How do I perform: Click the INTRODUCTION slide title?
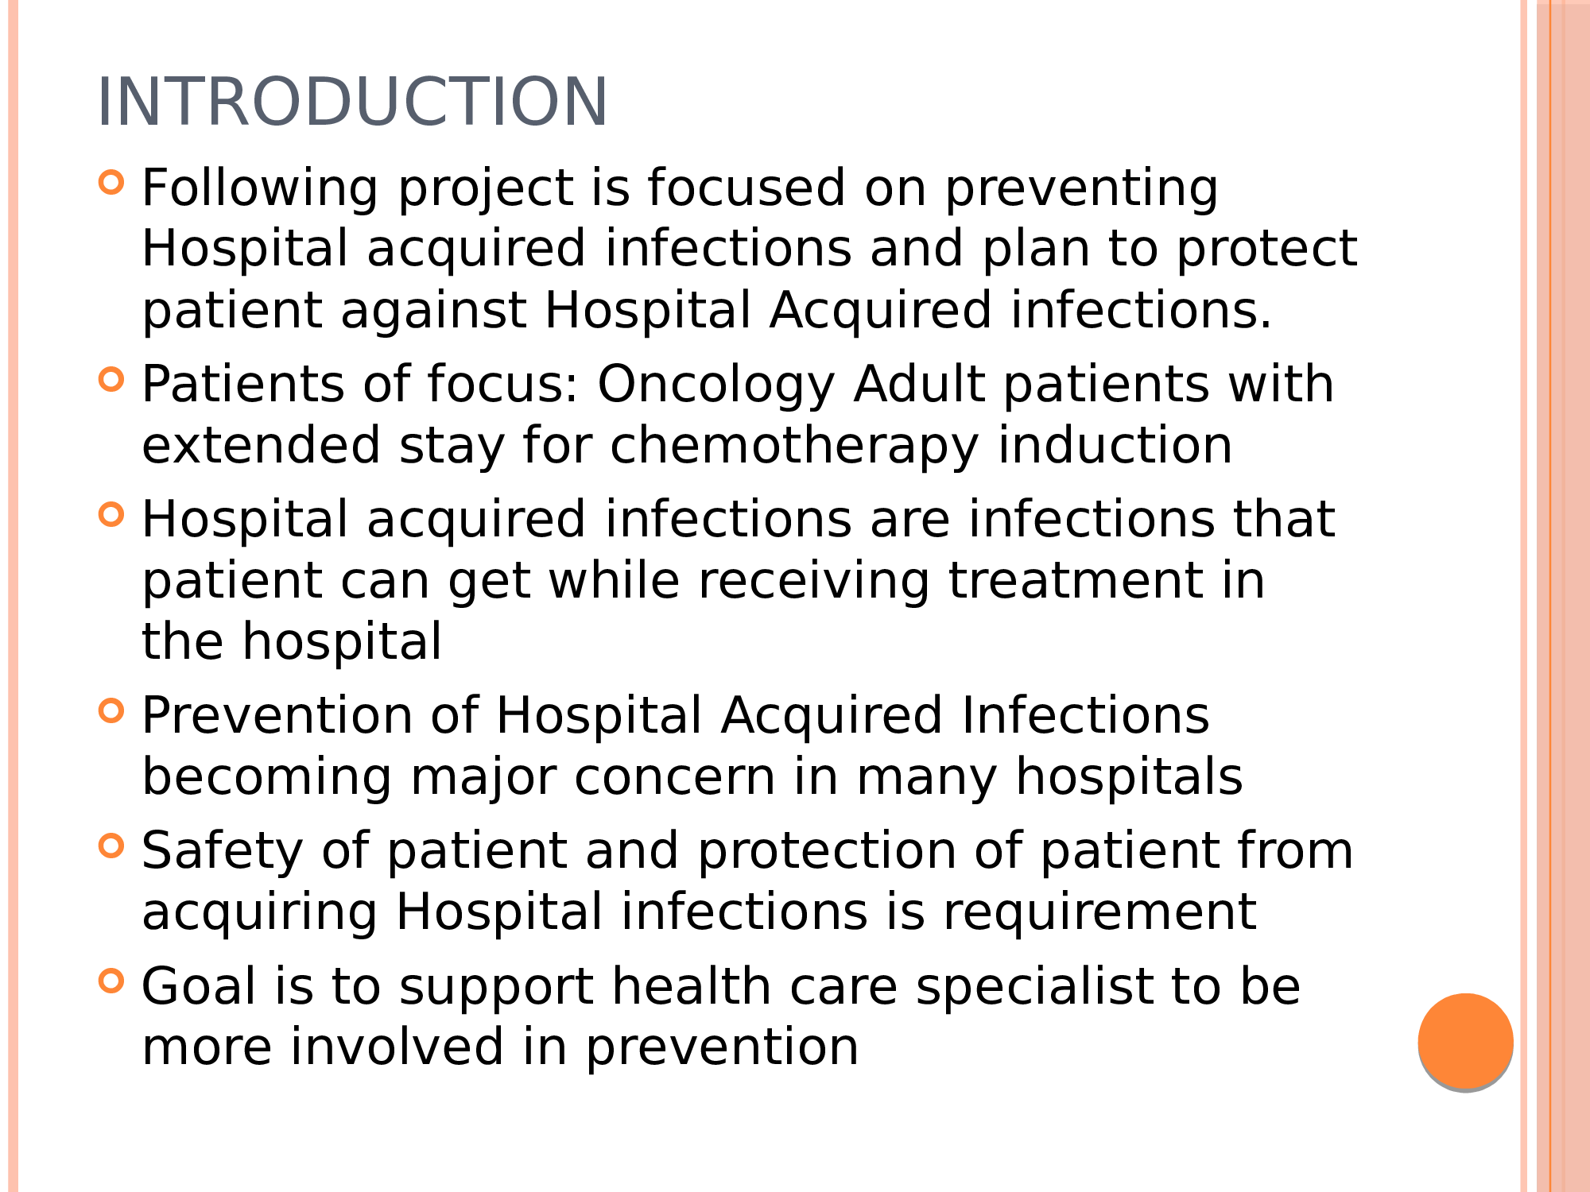(352, 102)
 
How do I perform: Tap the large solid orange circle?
(1465, 1040)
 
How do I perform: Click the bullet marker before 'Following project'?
(111, 182)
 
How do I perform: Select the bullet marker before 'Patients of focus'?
(111, 379)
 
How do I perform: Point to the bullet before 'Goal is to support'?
(111, 981)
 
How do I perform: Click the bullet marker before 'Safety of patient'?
(111, 846)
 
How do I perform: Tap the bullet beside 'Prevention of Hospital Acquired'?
(111, 710)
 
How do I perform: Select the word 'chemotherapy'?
(794, 447)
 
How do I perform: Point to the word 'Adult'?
(919, 384)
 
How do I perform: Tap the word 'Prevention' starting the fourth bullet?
(277, 716)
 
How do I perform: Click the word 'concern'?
(675, 778)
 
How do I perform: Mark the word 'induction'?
(1115, 446)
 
